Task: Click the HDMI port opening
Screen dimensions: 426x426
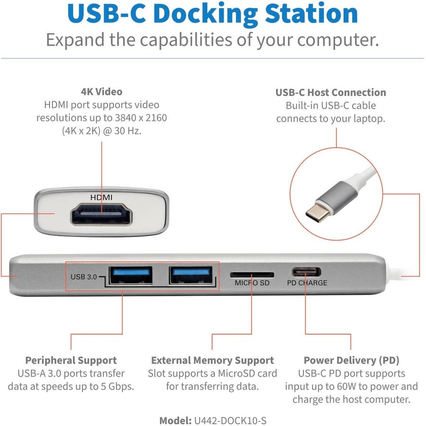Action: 101,214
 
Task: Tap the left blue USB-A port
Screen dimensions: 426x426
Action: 131,275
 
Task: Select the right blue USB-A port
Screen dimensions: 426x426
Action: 191,275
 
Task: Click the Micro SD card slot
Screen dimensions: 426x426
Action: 252,275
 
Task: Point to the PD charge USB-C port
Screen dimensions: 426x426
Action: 306,272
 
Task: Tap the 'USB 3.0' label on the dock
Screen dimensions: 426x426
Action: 84,277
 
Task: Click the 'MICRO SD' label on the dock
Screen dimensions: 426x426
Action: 252,283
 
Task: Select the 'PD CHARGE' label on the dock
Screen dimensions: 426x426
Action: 307,283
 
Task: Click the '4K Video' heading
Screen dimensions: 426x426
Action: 102,92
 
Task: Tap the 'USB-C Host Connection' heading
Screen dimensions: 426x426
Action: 331,93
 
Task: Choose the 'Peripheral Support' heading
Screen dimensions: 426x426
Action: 71,361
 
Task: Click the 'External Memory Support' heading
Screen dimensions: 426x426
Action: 213,360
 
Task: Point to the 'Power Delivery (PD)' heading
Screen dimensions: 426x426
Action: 352,360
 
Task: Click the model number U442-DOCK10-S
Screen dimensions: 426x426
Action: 231,421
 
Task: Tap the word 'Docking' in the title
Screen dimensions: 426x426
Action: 205,14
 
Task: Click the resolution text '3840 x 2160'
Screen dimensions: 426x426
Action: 141,118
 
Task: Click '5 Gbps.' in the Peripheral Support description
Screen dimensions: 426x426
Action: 117,387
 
